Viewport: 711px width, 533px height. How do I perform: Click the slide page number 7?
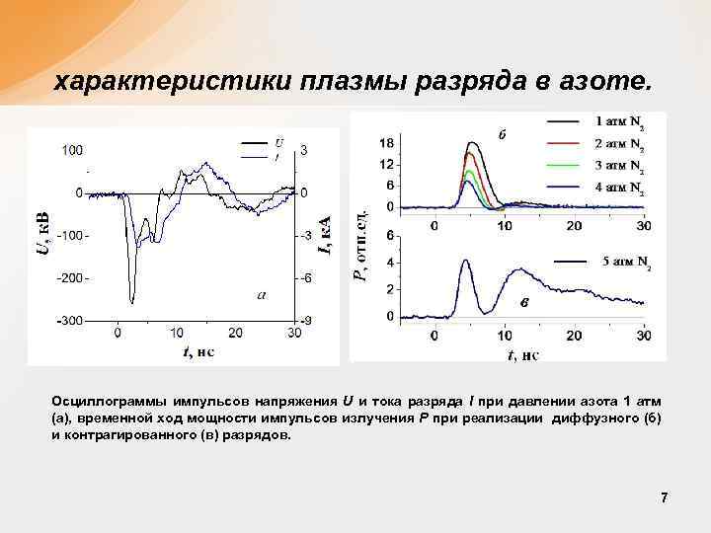tap(665, 498)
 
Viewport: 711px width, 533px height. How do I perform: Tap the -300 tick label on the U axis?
tap(70, 322)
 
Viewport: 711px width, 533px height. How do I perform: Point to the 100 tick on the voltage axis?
tap(72, 150)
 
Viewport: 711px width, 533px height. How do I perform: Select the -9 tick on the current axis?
tap(307, 322)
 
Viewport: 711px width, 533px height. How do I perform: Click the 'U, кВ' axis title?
tap(42, 234)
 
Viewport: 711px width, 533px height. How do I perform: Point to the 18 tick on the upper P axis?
tap(387, 142)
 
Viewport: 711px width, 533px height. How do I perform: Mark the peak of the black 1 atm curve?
tap(473, 143)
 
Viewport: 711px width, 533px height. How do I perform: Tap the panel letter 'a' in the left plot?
tap(261, 293)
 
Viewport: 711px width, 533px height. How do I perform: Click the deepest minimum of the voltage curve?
tap(132, 302)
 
